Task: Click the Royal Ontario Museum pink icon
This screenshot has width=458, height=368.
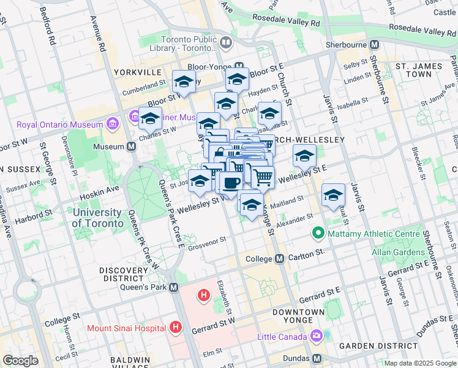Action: click(112, 125)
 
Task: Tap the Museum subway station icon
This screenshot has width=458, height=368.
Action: click(131, 147)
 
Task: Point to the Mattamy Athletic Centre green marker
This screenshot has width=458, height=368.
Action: click(318, 233)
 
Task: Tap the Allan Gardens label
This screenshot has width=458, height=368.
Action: click(397, 252)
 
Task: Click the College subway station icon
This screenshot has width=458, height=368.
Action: click(279, 259)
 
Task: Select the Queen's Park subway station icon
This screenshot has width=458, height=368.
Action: click(174, 287)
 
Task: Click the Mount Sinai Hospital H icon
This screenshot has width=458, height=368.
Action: click(176, 328)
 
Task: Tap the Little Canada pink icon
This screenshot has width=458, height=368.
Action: click(316, 337)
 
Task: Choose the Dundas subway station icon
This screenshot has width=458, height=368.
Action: click(317, 358)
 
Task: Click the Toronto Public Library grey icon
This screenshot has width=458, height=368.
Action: click(227, 42)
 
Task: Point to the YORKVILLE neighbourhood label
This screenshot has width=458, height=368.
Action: click(137, 72)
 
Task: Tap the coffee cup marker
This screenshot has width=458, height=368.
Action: click(231, 183)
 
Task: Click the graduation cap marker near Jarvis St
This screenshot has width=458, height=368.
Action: click(333, 194)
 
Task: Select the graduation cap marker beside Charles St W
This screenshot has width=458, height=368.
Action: click(150, 118)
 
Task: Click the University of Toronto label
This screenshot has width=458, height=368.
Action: click(96, 218)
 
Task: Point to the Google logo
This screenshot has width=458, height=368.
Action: click(20, 361)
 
